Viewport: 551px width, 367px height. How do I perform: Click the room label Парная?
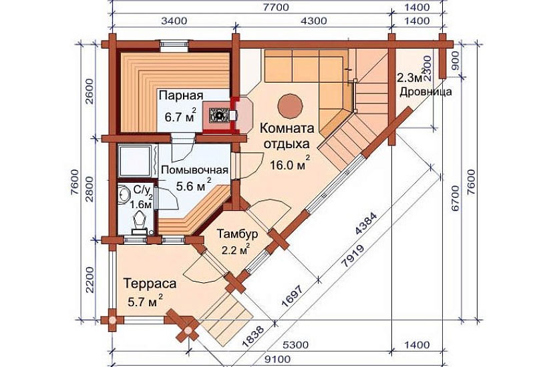tap(180, 95)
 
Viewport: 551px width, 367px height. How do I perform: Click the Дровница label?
tap(426, 91)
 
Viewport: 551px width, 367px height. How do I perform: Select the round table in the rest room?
tap(290, 103)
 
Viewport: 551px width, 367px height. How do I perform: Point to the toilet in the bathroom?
tap(141, 220)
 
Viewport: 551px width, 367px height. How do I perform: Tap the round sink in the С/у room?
tap(125, 194)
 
